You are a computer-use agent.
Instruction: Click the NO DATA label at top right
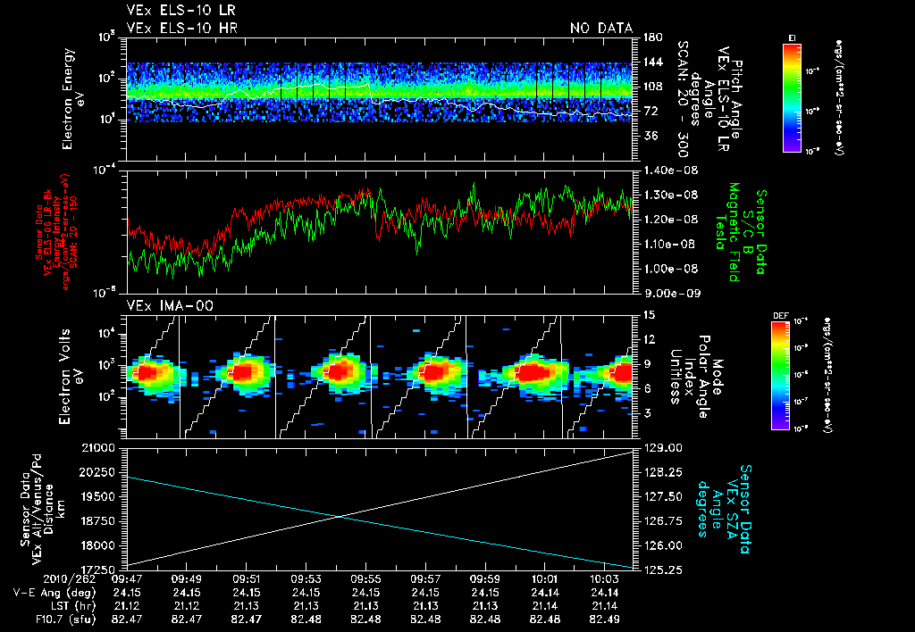coord(601,28)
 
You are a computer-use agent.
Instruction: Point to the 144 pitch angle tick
coord(647,62)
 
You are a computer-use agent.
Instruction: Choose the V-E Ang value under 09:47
coord(126,592)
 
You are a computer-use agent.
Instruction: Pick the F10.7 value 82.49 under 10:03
coord(605,618)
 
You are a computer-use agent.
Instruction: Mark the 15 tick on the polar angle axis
coord(643,315)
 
